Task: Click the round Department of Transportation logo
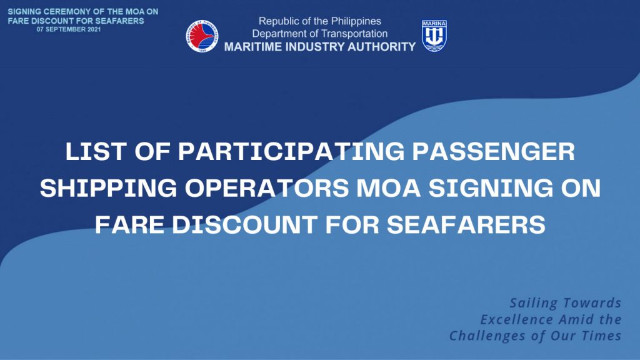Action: [202, 36]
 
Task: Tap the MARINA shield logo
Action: [434, 36]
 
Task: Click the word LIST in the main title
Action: [96, 151]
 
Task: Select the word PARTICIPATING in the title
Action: [291, 151]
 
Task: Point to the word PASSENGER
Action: [494, 151]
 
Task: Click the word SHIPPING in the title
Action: [109, 188]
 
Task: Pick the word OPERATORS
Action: [267, 188]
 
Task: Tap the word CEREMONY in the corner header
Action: [62, 11]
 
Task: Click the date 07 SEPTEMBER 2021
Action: [69, 29]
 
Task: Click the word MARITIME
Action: [253, 47]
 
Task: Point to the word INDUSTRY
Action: [315, 47]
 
